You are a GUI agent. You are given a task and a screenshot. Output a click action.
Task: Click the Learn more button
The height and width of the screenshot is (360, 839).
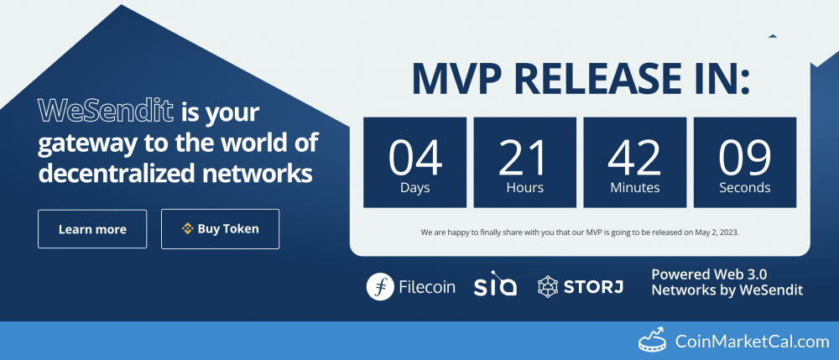pos(92,229)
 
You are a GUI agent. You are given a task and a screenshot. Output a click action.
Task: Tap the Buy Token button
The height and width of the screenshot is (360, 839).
pos(220,228)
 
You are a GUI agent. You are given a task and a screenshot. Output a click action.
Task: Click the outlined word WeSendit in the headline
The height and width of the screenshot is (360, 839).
pos(106,110)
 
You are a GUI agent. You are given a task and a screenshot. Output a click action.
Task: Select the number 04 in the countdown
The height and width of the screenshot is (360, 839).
pos(414,155)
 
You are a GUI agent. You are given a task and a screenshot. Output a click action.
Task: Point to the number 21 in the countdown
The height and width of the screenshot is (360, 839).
pos(525,155)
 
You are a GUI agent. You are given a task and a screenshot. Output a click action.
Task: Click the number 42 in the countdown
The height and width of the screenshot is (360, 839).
pos(635,155)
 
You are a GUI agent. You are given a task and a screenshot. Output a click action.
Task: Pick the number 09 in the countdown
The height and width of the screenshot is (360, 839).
pos(745,155)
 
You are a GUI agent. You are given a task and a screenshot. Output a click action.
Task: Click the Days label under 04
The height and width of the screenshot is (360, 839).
pos(414,188)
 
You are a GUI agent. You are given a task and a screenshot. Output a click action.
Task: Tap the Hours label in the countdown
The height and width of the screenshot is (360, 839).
pos(525,188)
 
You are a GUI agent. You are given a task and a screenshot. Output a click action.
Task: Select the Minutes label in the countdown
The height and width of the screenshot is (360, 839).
pos(635,188)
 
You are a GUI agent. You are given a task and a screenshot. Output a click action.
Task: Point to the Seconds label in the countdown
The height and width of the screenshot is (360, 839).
pos(745,188)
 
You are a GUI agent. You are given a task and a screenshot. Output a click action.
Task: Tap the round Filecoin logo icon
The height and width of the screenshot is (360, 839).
pos(380,286)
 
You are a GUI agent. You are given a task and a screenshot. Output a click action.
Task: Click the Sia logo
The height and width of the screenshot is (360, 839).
pos(495,286)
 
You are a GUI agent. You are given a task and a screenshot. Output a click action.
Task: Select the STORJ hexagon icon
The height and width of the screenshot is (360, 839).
pos(549,286)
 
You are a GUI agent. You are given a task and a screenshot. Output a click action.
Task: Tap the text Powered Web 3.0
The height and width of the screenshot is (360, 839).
pos(709,274)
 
